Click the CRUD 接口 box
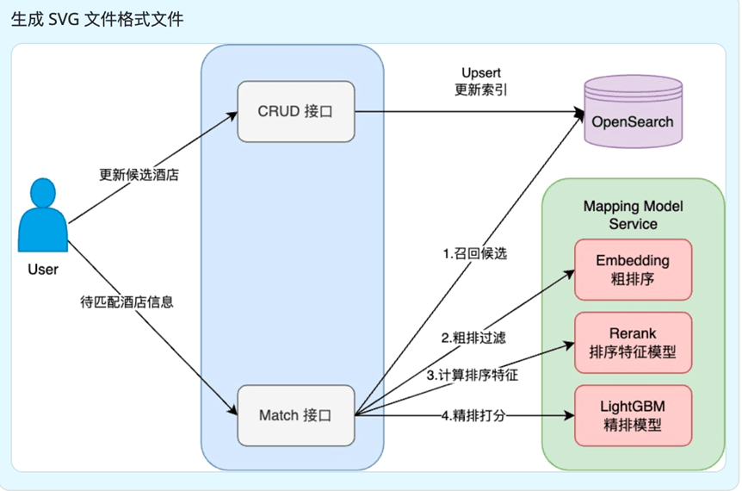[x=296, y=111]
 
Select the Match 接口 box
[x=296, y=415]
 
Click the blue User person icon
[x=42, y=216]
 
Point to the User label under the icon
[x=42, y=270]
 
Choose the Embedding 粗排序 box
[x=633, y=269]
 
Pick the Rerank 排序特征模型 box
[x=633, y=342]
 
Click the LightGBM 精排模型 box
[x=633, y=416]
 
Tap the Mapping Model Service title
[x=633, y=214]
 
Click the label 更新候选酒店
[x=139, y=176]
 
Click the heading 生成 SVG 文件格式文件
[x=97, y=19]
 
